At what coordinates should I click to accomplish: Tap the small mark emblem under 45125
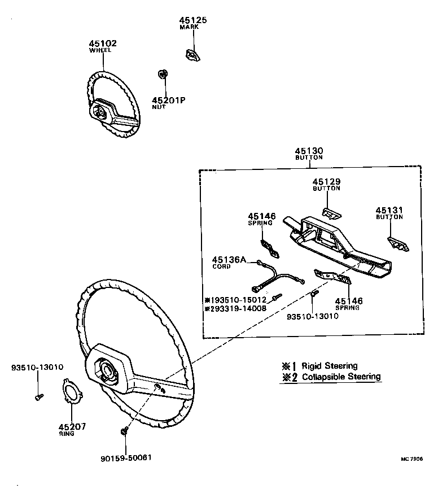(x=192, y=55)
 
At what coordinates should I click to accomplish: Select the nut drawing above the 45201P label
(x=163, y=74)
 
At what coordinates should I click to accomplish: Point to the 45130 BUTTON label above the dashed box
(x=309, y=151)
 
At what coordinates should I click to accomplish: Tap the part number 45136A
(x=229, y=260)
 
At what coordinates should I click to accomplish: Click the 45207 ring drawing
(x=72, y=391)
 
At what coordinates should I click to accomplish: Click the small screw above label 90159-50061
(x=124, y=431)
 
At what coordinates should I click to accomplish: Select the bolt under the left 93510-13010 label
(x=39, y=397)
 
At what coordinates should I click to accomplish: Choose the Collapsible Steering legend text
(x=341, y=377)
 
